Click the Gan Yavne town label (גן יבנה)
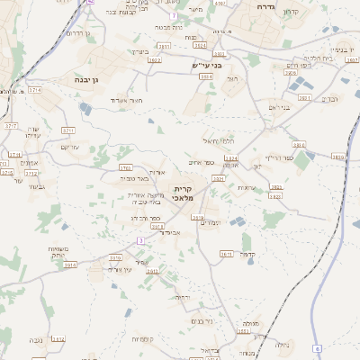[87, 80]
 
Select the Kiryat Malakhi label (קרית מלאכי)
[172, 193]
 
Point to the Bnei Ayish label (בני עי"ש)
[206, 66]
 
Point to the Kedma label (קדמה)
[250, 255]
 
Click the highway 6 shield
[317, 348]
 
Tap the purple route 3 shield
[140, 240]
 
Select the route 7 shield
[173, 16]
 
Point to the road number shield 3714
[34, 91]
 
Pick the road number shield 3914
[70, 265]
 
